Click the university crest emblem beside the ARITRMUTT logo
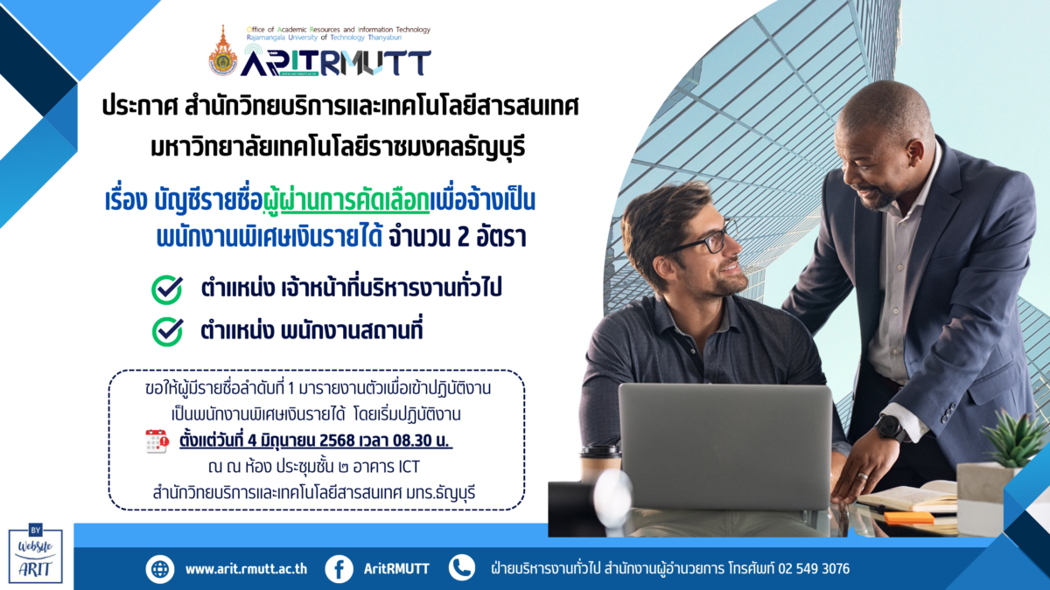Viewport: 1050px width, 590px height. click(x=222, y=52)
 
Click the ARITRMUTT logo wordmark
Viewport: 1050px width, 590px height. click(x=336, y=63)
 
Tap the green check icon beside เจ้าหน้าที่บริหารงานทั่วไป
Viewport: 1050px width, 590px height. click(x=167, y=289)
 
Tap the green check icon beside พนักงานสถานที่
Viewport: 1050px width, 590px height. click(x=167, y=331)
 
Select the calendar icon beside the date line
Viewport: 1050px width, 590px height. click(x=157, y=441)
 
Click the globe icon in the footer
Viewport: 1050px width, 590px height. click(x=160, y=569)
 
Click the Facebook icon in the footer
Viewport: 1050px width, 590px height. click(x=339, y=569)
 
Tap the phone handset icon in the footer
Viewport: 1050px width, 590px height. click(x=462, y=568)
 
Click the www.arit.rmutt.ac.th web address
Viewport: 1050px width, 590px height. click(x=246, y=569)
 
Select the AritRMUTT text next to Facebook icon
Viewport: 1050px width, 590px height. click(x=396, y=569)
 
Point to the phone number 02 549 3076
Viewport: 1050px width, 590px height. click(x=814, y=569)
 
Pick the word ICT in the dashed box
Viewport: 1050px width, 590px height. click(x=409, y=467)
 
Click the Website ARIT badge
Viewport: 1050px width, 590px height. click(x=36, y=554)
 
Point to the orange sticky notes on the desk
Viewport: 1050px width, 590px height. click(x=909, y=517)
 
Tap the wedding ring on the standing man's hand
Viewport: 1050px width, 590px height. click(x=863, y=476)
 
